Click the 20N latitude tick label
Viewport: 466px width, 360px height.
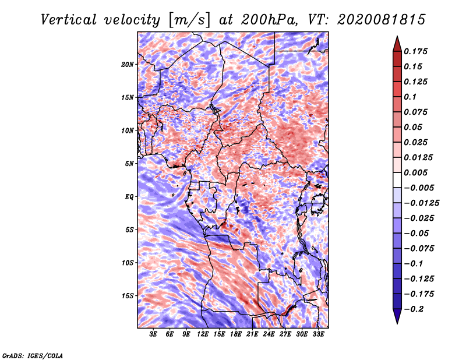tap(128, 65)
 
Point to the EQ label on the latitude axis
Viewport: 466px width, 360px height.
tap(129, 197)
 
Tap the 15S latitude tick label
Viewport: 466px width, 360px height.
tap(128, 296)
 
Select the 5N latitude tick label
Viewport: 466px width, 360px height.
tap(129, 164)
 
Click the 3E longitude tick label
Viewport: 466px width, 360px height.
tap(153, 334)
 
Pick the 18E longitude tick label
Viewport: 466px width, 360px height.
tap(236, 334)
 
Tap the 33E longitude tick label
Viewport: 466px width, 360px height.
tap(318, 334)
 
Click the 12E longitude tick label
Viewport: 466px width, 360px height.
tap(203, 334)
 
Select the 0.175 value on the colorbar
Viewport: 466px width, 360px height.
tap(416, 51)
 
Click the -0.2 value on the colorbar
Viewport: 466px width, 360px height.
tap(414, 309)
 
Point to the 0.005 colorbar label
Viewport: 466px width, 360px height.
tap(416, 172)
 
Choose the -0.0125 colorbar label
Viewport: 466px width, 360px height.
tap(422, 203)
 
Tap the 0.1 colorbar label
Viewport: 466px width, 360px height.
tap(410, 97)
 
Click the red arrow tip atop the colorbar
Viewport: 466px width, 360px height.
tap(397, 36)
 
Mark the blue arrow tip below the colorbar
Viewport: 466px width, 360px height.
tap(397, 323)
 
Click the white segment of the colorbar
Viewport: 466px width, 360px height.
tap(397, 180)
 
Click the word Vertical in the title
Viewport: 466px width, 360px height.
tap(69, 20)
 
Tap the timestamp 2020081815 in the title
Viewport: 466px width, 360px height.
tap(382, 20)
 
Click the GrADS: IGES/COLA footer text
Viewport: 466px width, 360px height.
tap(33, 355)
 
